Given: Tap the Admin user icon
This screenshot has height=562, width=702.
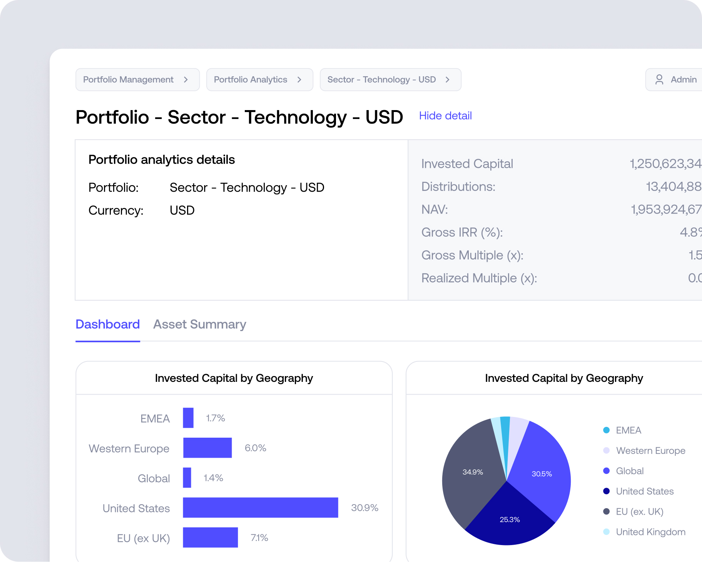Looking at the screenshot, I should click(x=659, y=80).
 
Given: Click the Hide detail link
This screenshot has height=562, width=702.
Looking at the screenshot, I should click(x=445, y=116).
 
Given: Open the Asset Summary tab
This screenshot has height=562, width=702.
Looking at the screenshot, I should click(x=199, y=324).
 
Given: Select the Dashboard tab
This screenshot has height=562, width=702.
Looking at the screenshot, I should click(x=107, y=324).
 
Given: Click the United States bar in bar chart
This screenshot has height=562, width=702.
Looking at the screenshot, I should click(x=260, y=508).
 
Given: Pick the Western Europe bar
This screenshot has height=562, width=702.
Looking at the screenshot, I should click(x=207, y=448).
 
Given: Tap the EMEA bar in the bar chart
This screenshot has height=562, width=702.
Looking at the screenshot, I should click(x=188, y=418).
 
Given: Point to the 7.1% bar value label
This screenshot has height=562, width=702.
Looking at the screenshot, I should click(x=259, y=538).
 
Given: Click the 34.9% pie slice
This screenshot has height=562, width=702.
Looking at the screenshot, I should click(x=473, y=472).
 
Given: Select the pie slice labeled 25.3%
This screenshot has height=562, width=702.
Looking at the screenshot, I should click(x=510, y=520).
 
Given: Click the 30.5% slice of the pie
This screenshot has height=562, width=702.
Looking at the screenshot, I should click(x=542, y=474).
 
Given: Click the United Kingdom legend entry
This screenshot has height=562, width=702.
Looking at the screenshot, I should click(x=650, y=532).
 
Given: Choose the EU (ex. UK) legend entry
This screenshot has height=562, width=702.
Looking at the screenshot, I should click(x=639, y=512).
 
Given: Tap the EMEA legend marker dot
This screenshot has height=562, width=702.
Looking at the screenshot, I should click(x=606, y=430).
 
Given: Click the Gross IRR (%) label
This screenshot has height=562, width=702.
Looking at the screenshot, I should click(x=462, y=232).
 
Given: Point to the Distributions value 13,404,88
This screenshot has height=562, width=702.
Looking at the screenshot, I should click(x=673, y=187).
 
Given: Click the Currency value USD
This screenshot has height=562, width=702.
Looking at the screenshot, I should click(x=182, y=211).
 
